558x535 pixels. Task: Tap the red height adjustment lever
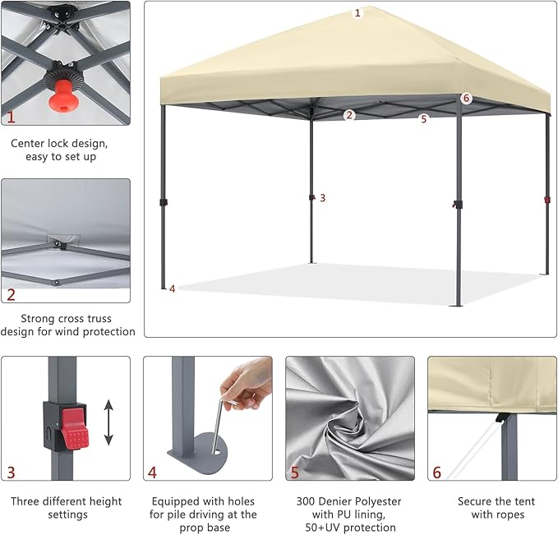pyautogui.click(x=74, y=428)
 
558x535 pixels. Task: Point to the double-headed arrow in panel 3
pyautogui.click(x=108, y=422)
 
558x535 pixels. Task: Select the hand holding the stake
pyautogui.click(x=246, y=380)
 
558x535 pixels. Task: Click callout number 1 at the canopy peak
pyautogui.click(x=357, y=13)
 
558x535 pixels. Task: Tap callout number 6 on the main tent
pyautogui.click(x=466, y=99)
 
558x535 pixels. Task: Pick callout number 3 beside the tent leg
pyautogui.click(x=322, y=198)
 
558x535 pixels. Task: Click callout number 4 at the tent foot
pyautogui.click(x=173, y=289)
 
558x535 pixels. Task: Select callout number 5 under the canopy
pyautogui.click(x=423, y=119)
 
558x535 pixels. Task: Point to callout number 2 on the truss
pyautogui.click(x=349, y=115)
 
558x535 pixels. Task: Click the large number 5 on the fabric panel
pyautogui.click(x=295, y=473)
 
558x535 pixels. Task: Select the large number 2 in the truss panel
pyautogui.click(x=11, y=295)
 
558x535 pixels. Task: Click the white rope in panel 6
pyautogui.click(x=473, y=450)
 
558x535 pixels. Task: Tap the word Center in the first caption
pyautogui.click(x=28, y=144)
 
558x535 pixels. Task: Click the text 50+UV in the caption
pyautogui.click(x=322, y=527)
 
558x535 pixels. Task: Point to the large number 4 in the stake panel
pyautogui.click(x=152, y=473)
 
